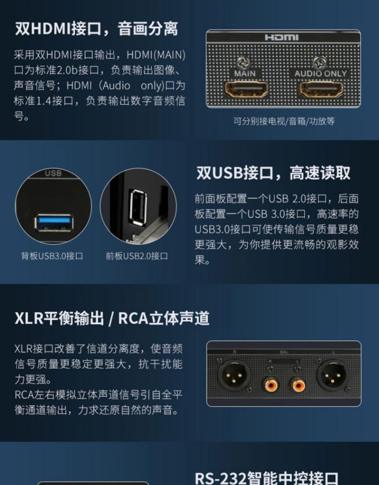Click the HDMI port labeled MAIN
[x=246, y=90]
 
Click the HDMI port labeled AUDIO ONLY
[x=322, y=90]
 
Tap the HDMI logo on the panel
[x=281, y=37]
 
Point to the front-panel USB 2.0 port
[x=138, y=206]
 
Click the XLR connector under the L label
[x=333, y=376]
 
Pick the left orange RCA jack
[x=271, y=385]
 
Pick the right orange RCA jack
[x=298, y=385]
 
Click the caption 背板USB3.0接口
[x=52, y=256]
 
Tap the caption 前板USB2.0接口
[x=137, y=256]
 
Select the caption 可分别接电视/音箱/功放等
[x=284, y=121]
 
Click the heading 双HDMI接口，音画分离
[x=97, y=29]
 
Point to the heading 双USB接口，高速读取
[x=273, y=172]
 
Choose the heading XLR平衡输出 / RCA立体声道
[x=112, y=318]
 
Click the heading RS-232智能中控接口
[x=267, y=478]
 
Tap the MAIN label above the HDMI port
[x=245, y=73]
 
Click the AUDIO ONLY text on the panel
[x=321, y=73]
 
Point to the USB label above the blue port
[x=53, y=173]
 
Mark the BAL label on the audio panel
[x=284, y=352]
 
